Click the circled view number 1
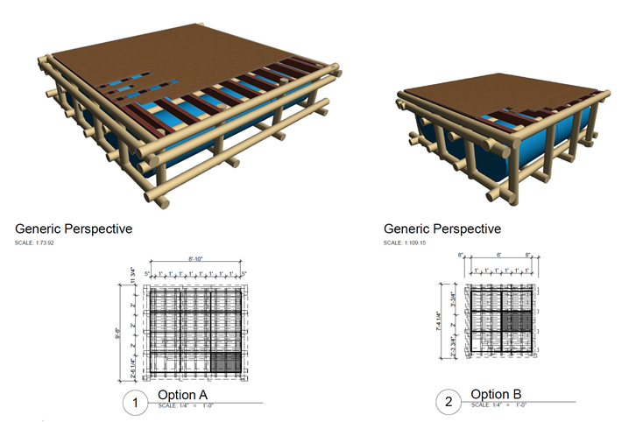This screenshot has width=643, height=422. click(135, 404)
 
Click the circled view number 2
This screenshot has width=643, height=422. click(449, 403)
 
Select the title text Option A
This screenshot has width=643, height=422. click(182, 395)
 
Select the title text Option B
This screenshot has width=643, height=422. click(496, 394)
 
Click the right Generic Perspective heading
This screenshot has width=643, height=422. click(442, 229)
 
